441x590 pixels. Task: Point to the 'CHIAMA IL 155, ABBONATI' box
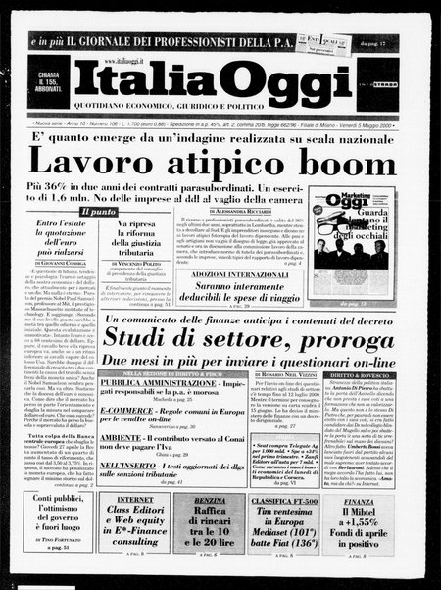tap(50, 81)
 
